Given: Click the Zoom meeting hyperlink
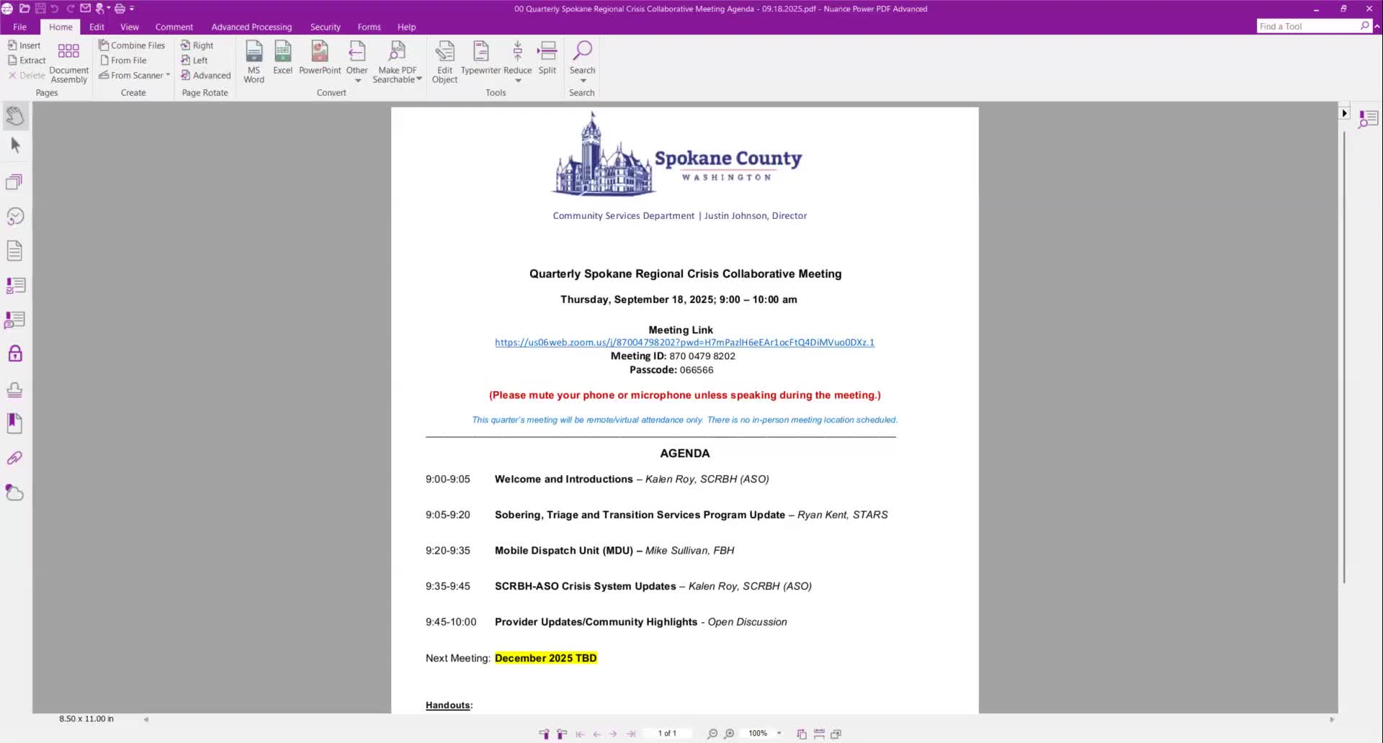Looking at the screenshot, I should tap(684, 343).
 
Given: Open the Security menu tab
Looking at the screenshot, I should tap(325, 27).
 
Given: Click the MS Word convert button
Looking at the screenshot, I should tap(254, 61).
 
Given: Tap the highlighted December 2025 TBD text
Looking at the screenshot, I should tap(545, 658).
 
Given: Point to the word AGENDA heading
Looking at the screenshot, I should tap(684, 454).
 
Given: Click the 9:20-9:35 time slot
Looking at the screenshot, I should tap(447, 551).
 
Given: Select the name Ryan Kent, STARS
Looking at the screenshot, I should tap(842, 515).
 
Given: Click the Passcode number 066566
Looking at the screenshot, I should tap(696, 370).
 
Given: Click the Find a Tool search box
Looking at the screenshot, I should tap(1308, 27).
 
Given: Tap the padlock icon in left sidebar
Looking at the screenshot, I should tap(15, 354).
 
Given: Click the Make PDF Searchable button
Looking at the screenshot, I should tap(397, 61).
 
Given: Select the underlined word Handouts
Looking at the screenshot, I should tap(447, 706).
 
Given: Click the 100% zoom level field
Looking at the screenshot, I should tap(758, 734).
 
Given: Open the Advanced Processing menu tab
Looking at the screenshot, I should tap(251, 27).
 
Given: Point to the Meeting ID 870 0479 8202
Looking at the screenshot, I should tap(702, 356).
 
